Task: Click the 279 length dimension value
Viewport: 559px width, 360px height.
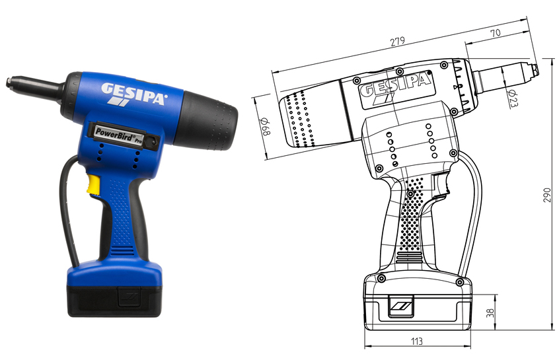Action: point(397,42)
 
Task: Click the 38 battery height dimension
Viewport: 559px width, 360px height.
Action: point(490,313)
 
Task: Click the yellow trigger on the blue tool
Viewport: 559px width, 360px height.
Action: point(94,184)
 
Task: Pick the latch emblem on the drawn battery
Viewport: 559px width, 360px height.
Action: point(400,306)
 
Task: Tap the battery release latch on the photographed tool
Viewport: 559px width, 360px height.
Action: point(130,297)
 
